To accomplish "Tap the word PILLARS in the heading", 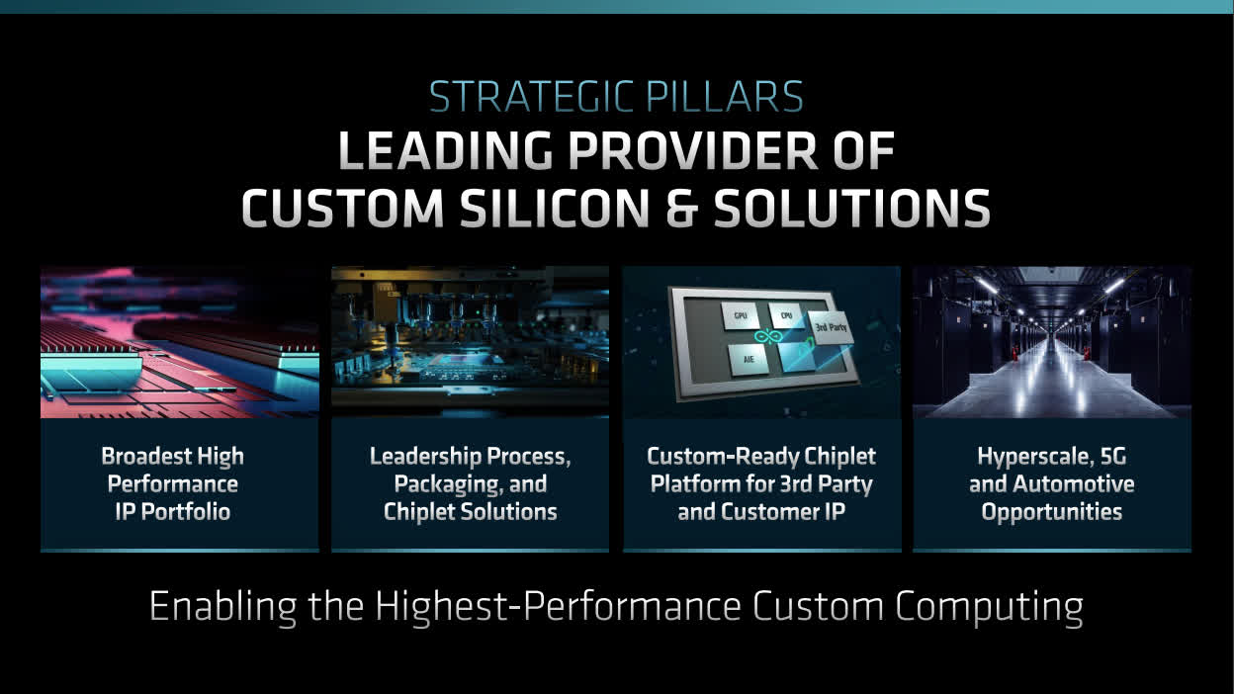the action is click(x=725, y=97).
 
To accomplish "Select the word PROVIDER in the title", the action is click(x=693, y=150).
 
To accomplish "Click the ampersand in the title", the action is click(x=682, y=208).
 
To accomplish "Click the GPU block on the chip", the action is click(x=740, y=316).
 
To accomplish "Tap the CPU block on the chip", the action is click(x=786, y=315).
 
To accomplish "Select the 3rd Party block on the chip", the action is click(x=831, y=327).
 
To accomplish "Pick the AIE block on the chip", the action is click(x=749, y=359).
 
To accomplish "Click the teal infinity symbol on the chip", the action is click(x=765, y=336).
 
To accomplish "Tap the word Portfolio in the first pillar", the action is click(x=186, y=512).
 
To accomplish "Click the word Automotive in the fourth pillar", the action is click(x=1073, y=484).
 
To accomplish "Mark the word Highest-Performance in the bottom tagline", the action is click(x=559, y=607).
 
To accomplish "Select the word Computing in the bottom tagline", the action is click(x=990, y=607).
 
